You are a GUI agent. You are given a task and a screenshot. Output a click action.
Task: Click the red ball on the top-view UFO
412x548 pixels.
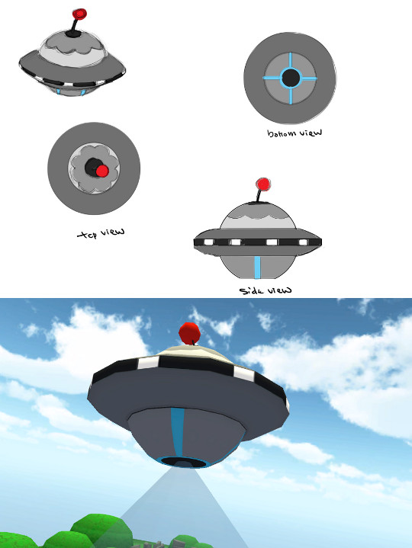pos(102,171)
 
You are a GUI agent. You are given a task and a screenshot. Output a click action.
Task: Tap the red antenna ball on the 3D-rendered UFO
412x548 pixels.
pos(189,333)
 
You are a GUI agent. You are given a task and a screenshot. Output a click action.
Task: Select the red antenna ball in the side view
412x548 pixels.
pos(263,184)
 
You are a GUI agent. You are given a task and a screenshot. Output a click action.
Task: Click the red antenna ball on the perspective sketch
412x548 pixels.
pos(80,14)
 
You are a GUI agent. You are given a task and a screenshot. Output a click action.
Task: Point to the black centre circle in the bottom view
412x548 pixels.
pos(290,78)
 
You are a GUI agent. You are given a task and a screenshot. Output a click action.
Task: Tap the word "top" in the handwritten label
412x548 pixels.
pos(88,235)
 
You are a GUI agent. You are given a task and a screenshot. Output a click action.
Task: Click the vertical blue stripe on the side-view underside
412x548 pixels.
pos(257,268)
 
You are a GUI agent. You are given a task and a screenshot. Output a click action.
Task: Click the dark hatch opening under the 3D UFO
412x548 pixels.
pos(183,463)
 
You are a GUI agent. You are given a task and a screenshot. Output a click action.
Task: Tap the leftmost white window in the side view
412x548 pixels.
pos(209,242)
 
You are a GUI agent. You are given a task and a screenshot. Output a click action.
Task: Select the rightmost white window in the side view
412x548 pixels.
pos(303,242)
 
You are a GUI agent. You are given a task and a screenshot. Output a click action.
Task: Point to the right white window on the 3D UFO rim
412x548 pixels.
pos(244,374)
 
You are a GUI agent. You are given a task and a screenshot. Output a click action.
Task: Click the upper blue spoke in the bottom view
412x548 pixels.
pos(290,60)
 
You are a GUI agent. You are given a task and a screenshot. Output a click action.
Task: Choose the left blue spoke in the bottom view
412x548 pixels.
pos(272,78)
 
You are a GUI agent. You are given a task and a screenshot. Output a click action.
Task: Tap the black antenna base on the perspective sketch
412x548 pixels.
pos(73,34)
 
